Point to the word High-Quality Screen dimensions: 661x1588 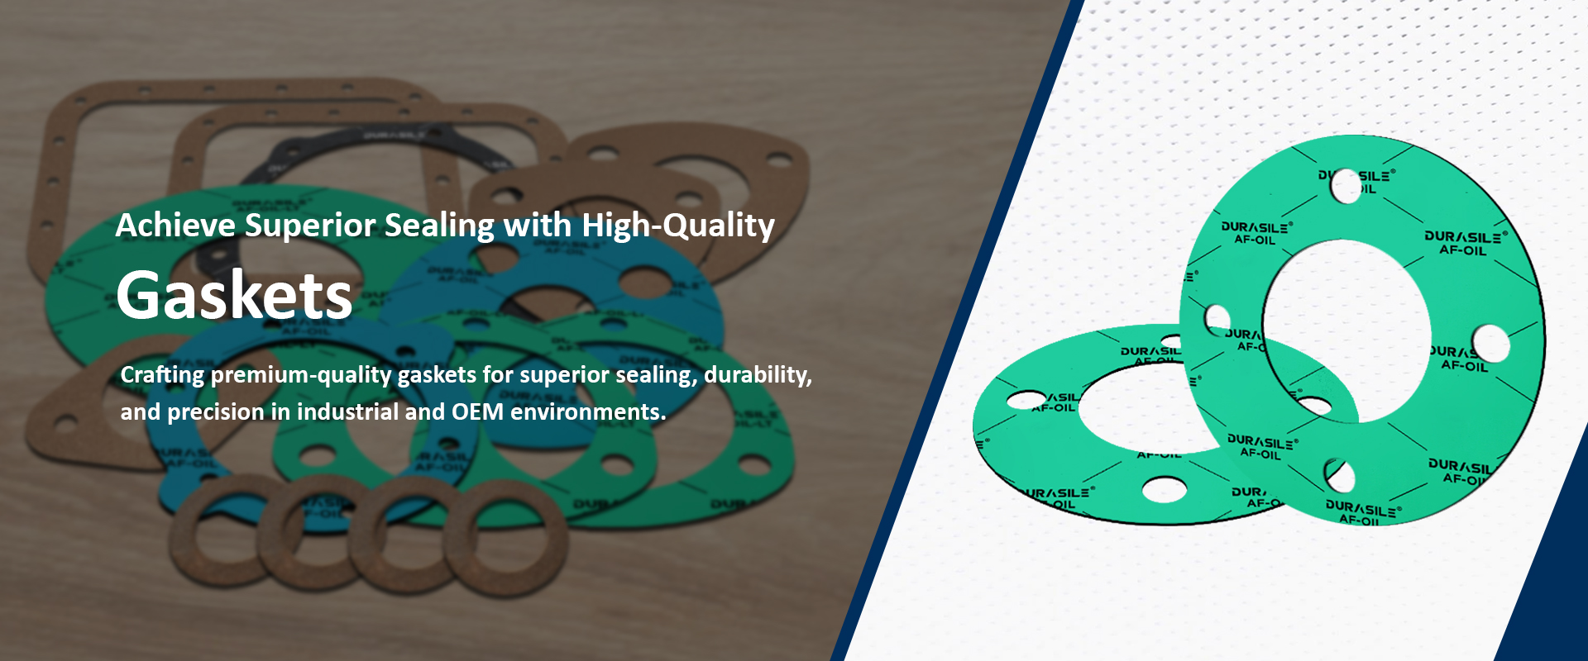678,226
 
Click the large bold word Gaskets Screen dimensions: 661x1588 235,296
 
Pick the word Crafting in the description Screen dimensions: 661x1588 162,375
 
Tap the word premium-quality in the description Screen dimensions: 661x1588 301,375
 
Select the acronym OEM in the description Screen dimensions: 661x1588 477,411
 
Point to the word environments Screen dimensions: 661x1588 588,411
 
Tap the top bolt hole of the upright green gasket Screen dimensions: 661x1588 1346,186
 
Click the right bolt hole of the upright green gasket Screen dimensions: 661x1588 1490,343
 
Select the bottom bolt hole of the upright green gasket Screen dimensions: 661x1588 1339,476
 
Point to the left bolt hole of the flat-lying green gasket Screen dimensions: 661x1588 1026,400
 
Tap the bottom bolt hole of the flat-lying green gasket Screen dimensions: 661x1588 1165,490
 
